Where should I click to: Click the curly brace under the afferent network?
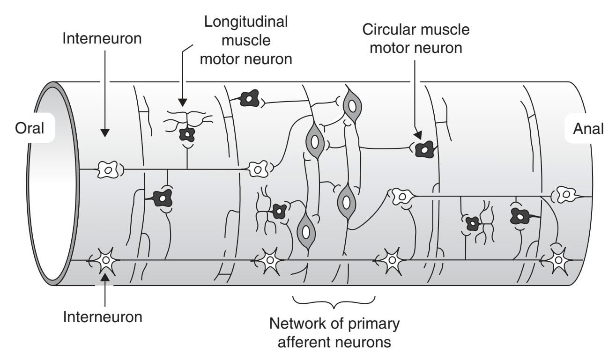334,302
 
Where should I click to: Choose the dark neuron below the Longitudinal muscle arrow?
187,135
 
